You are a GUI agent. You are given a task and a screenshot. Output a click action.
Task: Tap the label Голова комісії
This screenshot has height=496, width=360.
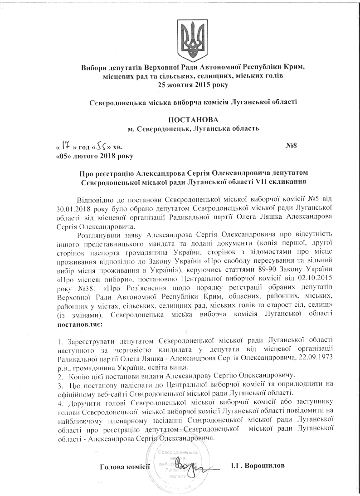125,467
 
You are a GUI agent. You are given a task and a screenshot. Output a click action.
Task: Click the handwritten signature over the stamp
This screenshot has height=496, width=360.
185,466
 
